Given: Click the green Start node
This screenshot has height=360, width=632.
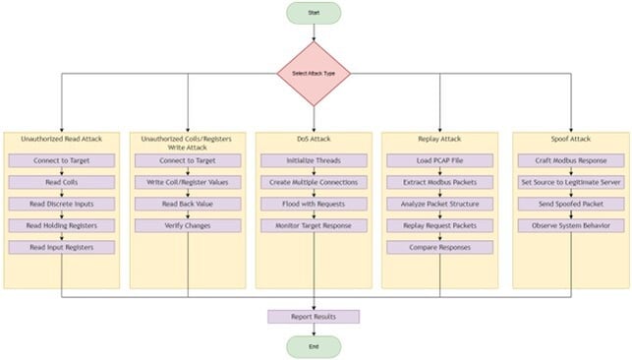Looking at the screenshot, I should (x=314, y=13).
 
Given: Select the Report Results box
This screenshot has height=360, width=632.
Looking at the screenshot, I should (x=314, y=317).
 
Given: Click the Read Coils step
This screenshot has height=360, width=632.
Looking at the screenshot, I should (x=62, y=182).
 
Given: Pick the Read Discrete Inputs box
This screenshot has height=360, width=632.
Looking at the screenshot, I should (x=62, y=204).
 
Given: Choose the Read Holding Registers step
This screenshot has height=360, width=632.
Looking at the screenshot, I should (x=62, y=225).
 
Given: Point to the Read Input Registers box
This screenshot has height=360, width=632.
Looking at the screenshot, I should (x=62, y=247).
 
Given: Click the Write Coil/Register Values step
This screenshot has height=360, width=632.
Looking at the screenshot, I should (x=188, y=182).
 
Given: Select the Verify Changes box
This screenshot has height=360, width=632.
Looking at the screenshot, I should (x=188, y=225).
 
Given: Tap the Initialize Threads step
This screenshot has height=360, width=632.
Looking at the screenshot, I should (x=314, y=160).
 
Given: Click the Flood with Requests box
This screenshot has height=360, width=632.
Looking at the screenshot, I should (x=314, y=204).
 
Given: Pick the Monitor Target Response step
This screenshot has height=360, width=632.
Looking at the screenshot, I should (x=314, y=225).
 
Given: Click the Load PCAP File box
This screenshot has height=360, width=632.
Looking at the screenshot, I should (x=439, y=160).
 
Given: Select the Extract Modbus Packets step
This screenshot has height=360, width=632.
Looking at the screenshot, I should (x=439, y=182).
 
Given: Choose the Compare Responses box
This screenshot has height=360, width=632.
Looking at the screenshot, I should (x=439, y=247).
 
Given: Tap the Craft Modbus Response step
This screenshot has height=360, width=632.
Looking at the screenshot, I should (x=567, y=160).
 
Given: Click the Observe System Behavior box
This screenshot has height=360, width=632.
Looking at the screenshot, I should (x=567, y=225).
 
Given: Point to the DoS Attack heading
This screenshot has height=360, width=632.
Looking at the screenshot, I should (x=314, y=140).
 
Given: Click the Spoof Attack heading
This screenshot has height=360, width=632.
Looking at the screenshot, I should (x=567, y=140).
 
